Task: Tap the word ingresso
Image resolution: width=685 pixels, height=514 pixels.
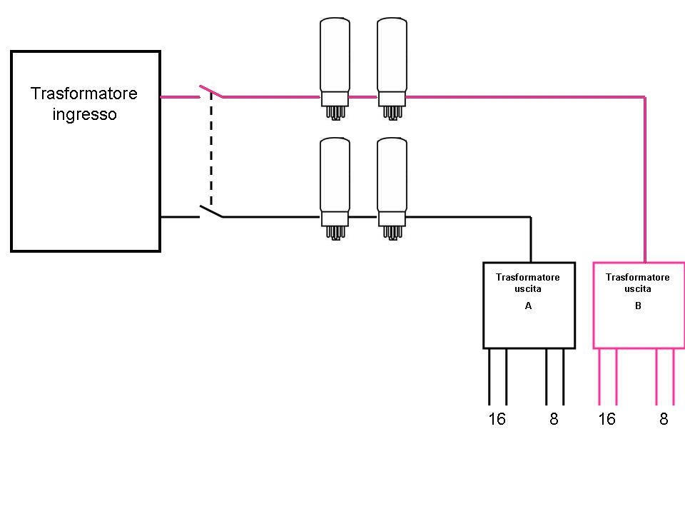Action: [84, 114]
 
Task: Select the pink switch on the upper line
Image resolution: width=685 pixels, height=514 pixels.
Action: [210, 92]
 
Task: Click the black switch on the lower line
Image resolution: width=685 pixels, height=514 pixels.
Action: [210, 211]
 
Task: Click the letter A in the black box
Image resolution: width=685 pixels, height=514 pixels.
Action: [528, 306]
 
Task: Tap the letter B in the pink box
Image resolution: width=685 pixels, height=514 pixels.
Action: [638, 306]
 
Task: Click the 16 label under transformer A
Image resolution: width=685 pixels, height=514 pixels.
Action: [497, 419]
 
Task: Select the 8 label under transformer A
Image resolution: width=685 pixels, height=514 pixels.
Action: [554, 419]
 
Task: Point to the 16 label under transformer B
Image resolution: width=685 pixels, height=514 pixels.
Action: [607, 419]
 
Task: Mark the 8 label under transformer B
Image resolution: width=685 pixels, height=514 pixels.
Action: [664, 419]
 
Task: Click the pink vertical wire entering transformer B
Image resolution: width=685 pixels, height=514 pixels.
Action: [645, 178]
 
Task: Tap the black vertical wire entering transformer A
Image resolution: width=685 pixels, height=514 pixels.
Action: [530, 239]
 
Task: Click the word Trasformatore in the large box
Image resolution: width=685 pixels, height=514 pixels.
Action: [84, 94]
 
